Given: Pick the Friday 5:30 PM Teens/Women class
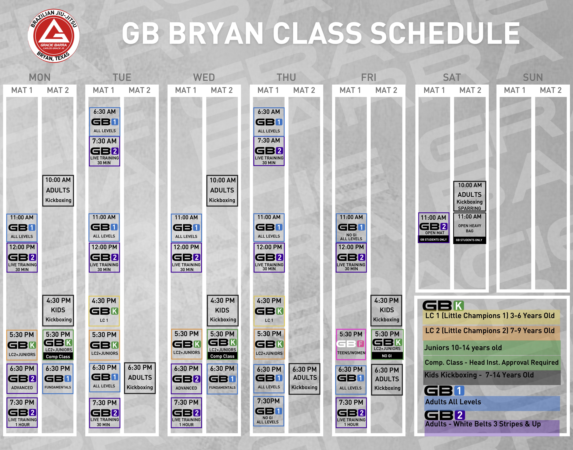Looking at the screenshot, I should pos(351,344).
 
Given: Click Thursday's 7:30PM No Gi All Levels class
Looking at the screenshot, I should pos(269,411).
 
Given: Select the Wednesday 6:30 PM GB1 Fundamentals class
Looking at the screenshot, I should pos(222,379).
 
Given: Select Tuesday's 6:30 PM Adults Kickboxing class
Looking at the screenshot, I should pos(140,378).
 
